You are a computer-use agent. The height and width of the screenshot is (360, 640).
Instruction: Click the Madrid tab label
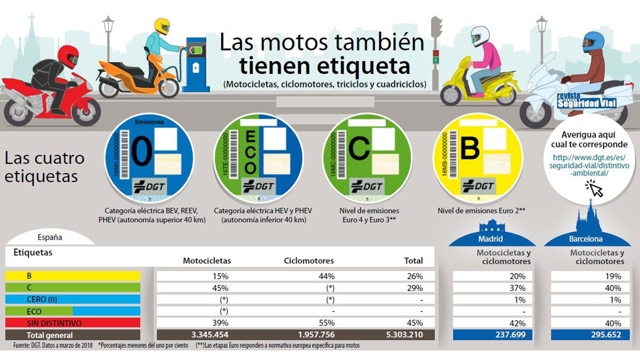490,239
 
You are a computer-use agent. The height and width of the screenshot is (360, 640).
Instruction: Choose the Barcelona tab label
585,239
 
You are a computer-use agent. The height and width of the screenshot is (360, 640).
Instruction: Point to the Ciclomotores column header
308,260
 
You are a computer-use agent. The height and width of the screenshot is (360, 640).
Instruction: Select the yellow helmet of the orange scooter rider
162,26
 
